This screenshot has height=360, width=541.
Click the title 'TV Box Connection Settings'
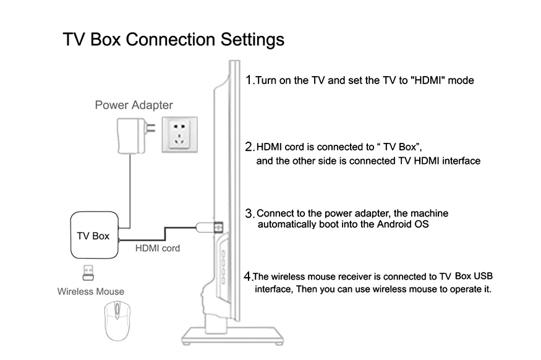point(173,40)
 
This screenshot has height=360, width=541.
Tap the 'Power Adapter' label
point(134,105)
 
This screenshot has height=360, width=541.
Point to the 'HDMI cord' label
point(158,249)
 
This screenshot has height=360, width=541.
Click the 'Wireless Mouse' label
point(91,291)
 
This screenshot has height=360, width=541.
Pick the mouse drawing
point(117,320)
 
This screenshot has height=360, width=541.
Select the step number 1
point(249,80)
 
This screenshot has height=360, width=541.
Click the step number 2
point(249,147)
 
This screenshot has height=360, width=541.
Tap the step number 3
point(249,213)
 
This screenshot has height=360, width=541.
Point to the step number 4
point(248,276)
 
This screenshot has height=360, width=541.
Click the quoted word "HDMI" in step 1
point(428,80)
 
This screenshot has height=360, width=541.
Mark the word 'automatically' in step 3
point(286,225)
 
